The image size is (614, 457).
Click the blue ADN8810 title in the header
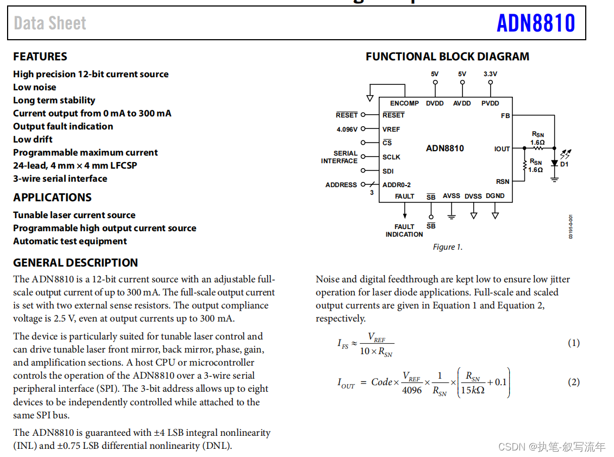click(x=535, y=23)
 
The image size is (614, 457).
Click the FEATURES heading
click(x=40, y=57)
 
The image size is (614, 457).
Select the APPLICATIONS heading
click(x=52, y=197)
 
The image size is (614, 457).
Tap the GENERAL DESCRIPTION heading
click(x=76, y=263)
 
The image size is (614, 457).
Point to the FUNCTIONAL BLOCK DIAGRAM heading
click(x=447, y=57)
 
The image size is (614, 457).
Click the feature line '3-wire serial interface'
click(x=60, y=178)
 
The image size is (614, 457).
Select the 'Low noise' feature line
click(x=34, y=87)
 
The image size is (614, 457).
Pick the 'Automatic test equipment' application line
click(x=70, y=241)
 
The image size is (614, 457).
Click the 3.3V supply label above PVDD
click(x=490, y=74)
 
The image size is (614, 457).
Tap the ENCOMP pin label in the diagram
click(x=404, y=103)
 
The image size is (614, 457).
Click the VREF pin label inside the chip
click(x=391, y=129)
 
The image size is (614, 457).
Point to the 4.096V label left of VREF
click(x=347, y=129)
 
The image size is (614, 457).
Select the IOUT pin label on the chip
click(x=502, y=149)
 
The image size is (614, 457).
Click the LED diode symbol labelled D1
click(x=554, y=163)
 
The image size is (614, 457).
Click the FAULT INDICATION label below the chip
click(x=404, y=231)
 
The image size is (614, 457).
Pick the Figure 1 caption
click(x=447, y=247)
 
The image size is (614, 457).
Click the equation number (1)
click(x=574, y=343)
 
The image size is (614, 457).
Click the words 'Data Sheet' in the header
click(x=50, y=23)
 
